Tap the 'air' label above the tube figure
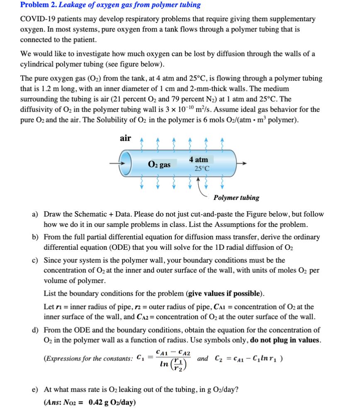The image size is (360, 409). (x=125, y=138)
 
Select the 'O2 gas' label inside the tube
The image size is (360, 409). (x=159, y=165)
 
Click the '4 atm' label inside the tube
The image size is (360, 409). (x=198, y=160)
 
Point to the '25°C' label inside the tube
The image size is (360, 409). (x=202, y=169)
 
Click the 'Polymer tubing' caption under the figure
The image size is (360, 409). (x=236, y=197)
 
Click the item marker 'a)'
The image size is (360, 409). (x=36, y=214)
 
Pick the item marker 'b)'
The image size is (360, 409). (x=36, y=237)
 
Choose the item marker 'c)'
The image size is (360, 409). (x=36, y=260)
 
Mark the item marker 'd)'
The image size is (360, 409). (x=36, y=330)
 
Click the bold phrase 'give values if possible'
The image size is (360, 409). (x=225, y=294)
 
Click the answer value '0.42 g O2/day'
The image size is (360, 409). (x=112, y=402)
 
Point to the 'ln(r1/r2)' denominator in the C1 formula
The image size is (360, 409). (x=173, y=365)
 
